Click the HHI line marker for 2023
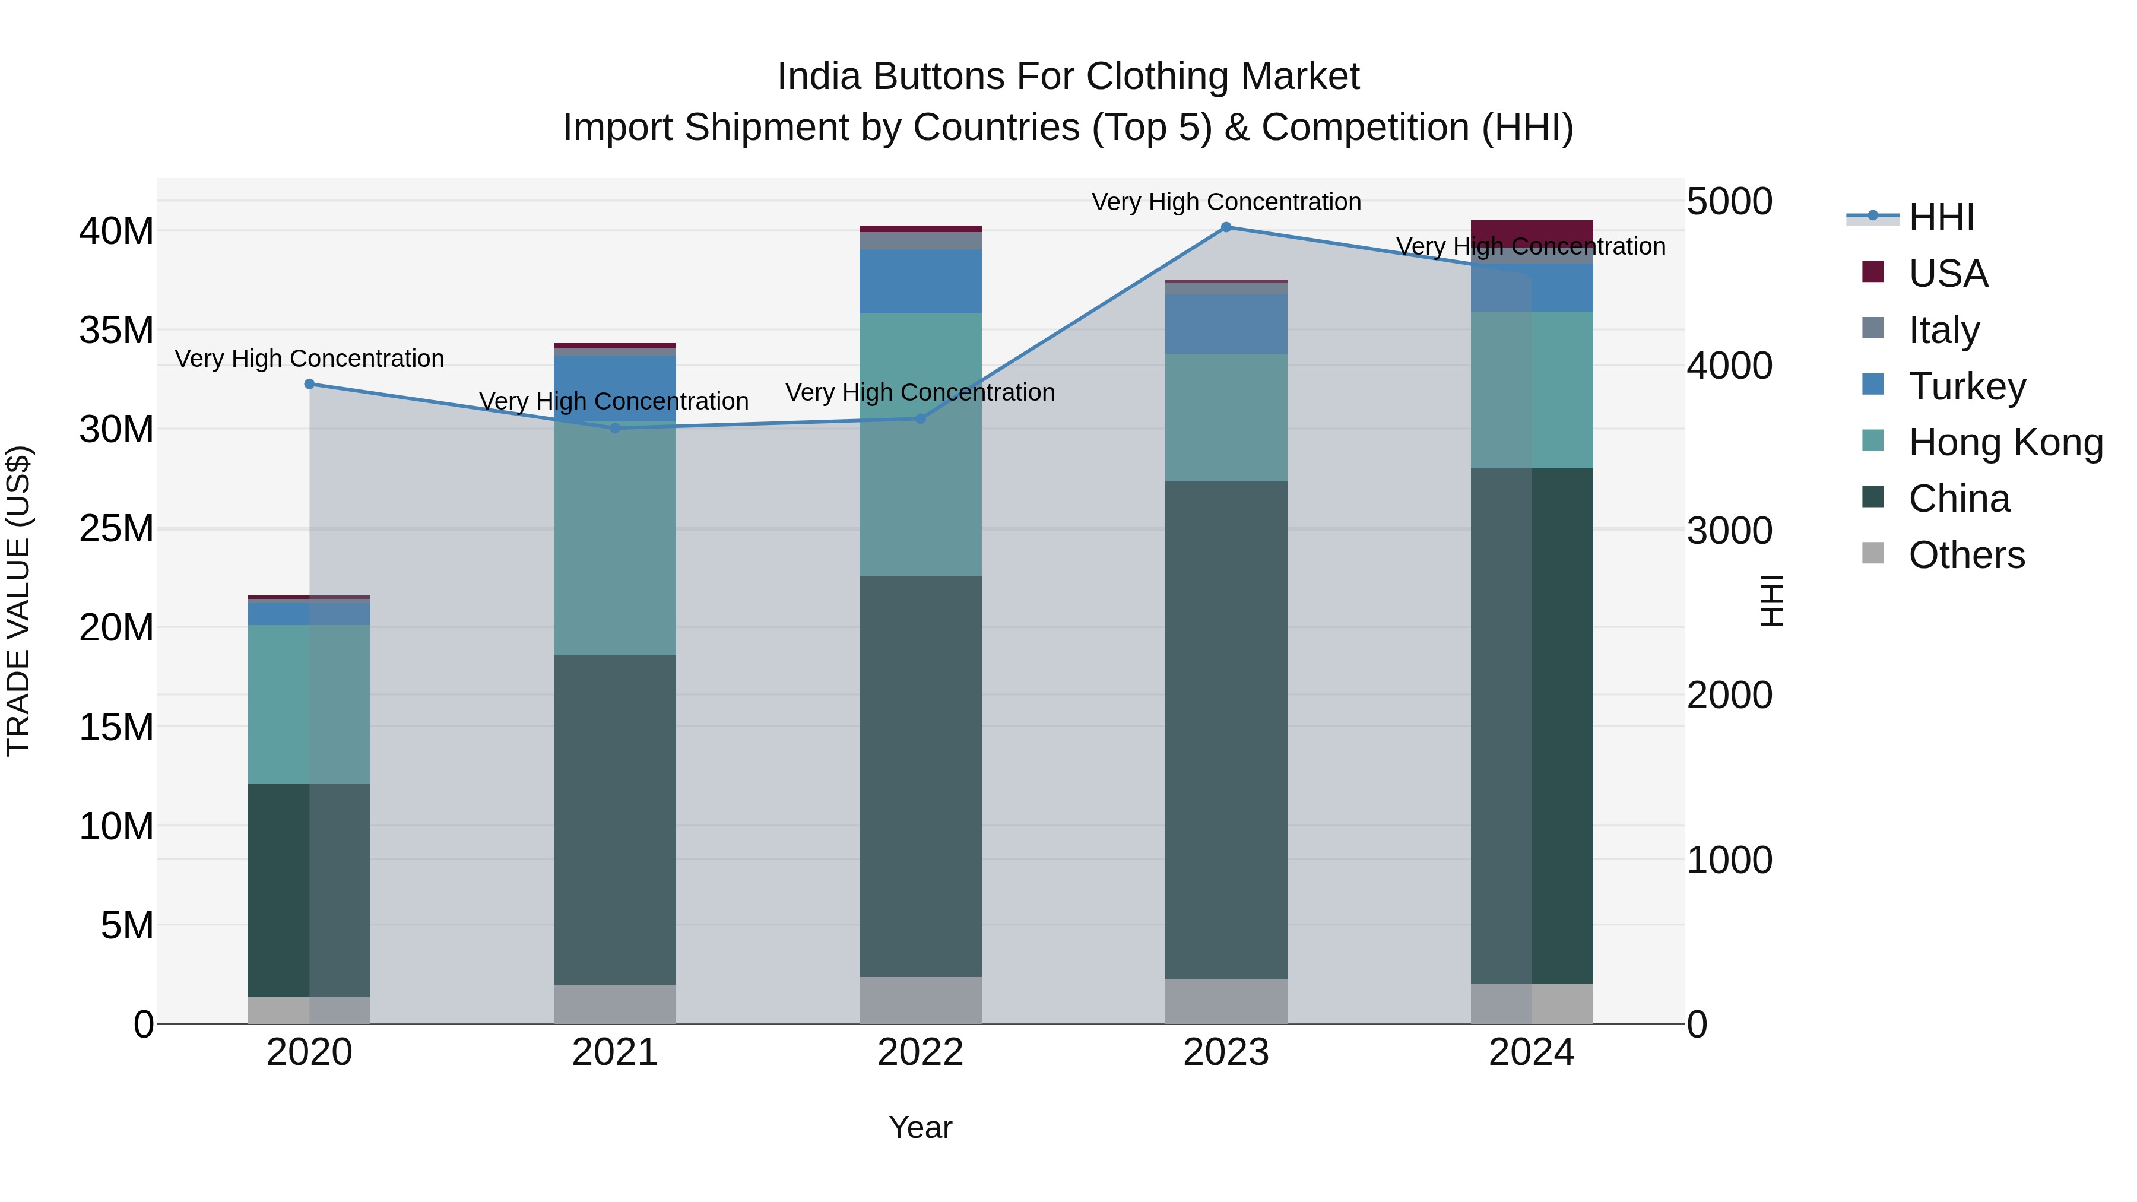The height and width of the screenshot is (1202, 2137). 1226,227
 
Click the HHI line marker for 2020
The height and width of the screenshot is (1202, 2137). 309,384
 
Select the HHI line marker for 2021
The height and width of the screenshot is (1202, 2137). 615,428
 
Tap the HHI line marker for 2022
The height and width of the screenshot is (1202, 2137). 920,419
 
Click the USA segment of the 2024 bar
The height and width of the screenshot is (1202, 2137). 1532,231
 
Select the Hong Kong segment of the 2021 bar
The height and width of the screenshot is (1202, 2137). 615,539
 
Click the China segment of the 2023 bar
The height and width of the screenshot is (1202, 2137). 1226,730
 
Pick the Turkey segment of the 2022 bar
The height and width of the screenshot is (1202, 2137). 920,281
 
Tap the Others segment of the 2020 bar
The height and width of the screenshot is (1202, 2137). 309,1010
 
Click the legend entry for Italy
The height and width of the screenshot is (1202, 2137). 1943,330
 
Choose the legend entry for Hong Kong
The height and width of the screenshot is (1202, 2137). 2005,443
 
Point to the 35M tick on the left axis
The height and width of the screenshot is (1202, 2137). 116,330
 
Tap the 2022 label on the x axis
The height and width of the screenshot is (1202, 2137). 920,1052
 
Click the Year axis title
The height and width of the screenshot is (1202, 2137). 920,1127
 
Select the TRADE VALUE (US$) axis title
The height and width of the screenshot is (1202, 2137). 18,601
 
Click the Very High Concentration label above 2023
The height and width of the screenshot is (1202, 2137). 1226,202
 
